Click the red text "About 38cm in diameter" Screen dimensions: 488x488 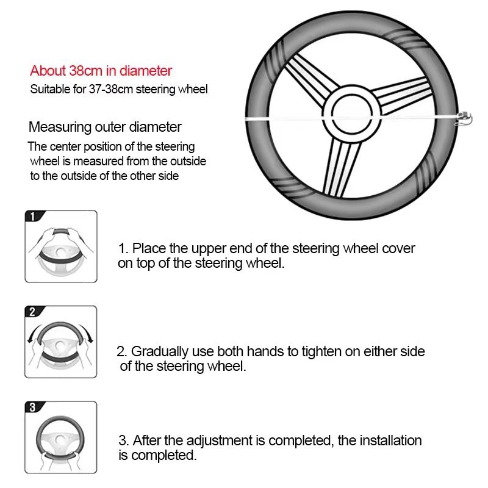coord(101,71)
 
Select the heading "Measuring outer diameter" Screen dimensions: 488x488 coord(105,127)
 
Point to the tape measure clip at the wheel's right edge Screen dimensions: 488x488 coord(464,115)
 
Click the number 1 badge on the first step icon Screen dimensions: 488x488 coord(32,216)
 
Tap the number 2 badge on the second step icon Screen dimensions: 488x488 coord(32,312)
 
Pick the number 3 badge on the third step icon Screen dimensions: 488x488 coord(32,407)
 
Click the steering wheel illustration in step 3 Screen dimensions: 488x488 coord(61,439)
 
